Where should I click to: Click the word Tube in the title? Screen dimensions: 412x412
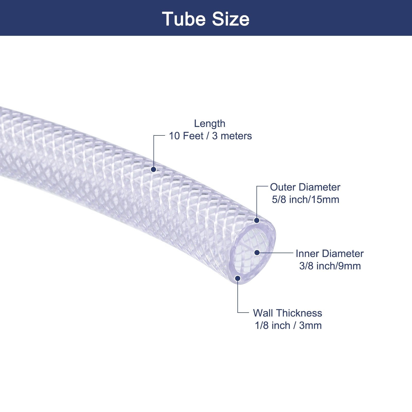coord(184,19)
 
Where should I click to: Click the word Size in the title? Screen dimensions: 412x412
coord(231,19)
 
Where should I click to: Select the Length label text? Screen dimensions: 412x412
coord(210,124)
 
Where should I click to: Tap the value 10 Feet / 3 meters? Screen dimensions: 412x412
coord(210,136)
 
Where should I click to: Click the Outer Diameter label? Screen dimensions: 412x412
coord(305,187)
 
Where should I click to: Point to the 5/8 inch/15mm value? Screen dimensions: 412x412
coord(305,200)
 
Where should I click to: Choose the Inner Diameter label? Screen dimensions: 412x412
coord(329,254)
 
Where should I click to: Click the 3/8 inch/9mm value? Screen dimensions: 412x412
coord(330,266)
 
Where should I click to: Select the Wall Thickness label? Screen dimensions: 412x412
coord(287,313)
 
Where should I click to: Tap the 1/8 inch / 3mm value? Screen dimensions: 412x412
coord(288,325)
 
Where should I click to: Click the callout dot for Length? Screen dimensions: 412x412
coord(153,169)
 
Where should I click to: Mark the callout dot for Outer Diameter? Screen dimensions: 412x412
coord(257,220)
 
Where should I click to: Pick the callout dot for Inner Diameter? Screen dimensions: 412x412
coord(257,253)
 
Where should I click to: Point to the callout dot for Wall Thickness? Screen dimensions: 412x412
coord(238,278)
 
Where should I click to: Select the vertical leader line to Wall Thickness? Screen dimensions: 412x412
coord(238,296)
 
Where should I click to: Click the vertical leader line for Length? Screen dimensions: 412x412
coord(154,152)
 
